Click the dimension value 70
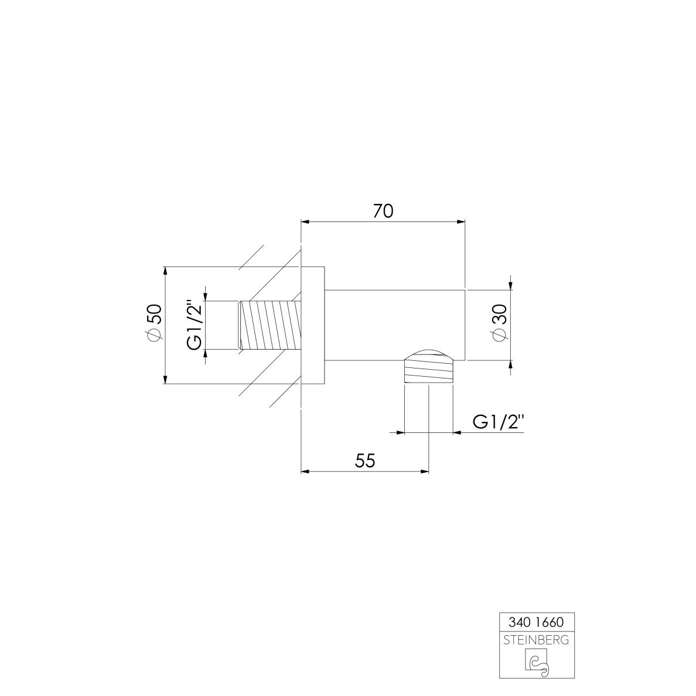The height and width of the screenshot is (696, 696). click(x=383, y=211)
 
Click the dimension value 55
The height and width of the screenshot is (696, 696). click(x=365, y=461)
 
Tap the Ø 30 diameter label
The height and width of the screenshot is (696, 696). click(x=499, y=323)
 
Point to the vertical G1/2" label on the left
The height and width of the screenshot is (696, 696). click(x=195, y=325)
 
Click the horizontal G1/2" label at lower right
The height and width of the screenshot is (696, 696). click(x=499, y=422)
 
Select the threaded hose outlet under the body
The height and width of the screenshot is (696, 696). click(x=428, y=371)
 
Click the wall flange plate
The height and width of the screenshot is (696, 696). click(x=313, y=325)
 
